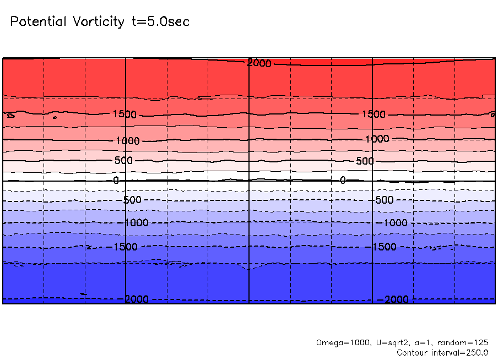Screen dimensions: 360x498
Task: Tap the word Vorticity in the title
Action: tap(99, 21)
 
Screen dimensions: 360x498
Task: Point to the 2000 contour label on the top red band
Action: tap(259, 63)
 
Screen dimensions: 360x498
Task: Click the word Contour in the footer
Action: tap(412, 353)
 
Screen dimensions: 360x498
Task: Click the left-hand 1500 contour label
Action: tap(125, 114)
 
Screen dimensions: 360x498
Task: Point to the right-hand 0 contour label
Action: tap(343, 180)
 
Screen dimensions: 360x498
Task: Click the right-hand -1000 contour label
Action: tap(393, 223)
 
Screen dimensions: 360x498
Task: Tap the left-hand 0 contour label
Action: tap(116, 181)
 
